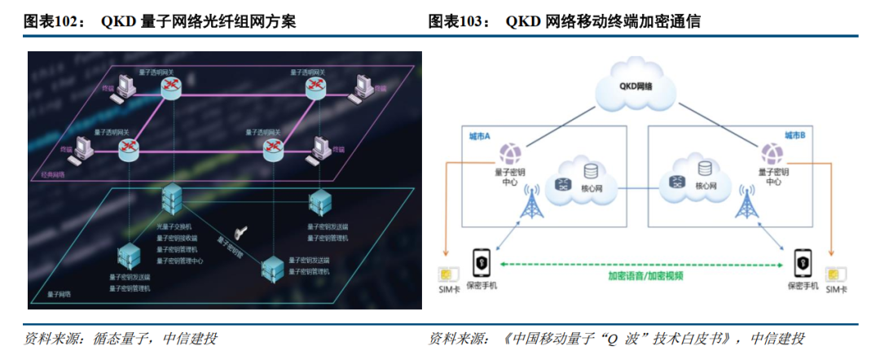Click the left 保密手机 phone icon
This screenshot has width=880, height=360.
click(x=482, y=262)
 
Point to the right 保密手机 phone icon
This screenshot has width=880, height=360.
click(x=803, y=262)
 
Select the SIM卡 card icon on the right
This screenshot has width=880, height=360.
click(x=834, y=276)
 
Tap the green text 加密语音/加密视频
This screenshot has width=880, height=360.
click(x=645, y=275)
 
